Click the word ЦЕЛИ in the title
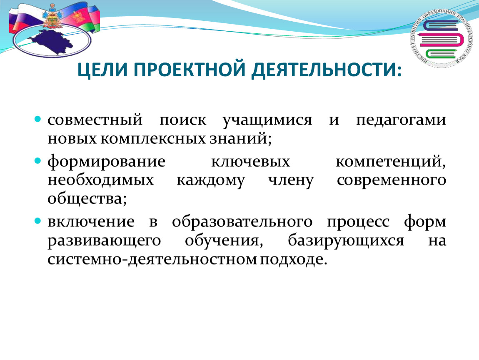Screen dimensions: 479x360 coord(102,70)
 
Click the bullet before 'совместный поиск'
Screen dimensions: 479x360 coord(37,119)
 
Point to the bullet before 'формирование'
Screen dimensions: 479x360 coord(37,160)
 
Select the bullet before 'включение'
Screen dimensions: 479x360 coord(37,221)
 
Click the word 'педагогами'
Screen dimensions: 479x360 coord(401,120)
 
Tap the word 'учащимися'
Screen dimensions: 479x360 coord(267,120)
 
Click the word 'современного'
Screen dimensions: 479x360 coord(392,180)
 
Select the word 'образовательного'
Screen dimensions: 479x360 coord(242,221)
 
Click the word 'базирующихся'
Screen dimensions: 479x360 coord(346,241)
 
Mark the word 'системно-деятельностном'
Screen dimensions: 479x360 coord(152,260)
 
